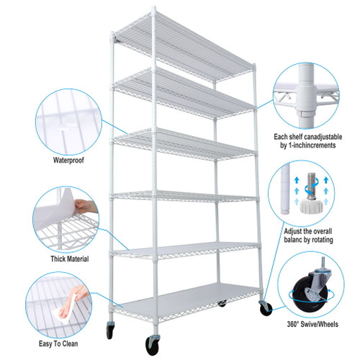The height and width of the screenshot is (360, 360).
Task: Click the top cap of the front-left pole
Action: [153, 11]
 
